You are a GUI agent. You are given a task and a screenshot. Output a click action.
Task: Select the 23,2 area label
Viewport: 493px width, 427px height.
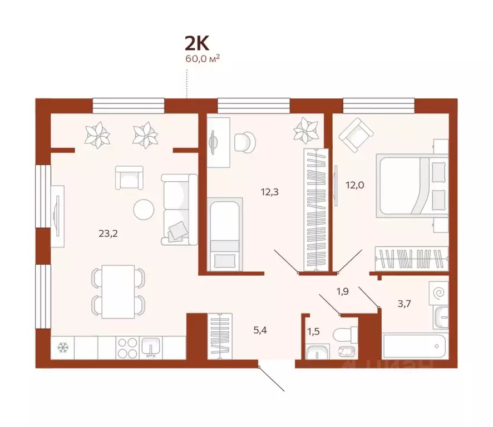(x=108, y=234)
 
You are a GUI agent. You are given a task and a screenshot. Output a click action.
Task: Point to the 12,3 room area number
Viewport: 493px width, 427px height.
(x=269, y=192)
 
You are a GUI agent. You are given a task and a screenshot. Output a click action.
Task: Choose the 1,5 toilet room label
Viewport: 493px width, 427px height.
(x=314, y=332)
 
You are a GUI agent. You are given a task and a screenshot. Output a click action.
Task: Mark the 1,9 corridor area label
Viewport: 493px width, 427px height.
(x=342, y=291)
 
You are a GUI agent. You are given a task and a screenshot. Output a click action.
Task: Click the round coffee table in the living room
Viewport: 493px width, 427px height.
(x=144, y=209)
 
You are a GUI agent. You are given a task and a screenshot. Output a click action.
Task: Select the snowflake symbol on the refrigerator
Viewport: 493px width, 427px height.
(x=62, y=349)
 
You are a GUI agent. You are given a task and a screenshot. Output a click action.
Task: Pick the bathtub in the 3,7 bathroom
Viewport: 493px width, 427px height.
(x=415, y=347)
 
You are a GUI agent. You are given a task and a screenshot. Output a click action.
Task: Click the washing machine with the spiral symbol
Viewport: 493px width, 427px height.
(x=439, y=292)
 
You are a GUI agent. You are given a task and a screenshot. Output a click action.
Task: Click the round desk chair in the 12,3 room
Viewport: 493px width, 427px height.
(x=243, y=141)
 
